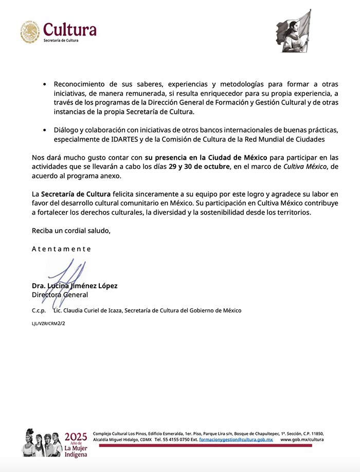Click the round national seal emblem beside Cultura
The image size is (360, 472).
tap(30, 32)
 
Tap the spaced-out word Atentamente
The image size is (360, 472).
tap(61, 249)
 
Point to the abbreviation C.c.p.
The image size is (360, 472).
tap(39, 310)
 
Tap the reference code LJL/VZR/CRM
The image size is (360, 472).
tap(43, 324)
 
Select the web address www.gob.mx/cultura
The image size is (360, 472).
tap(302, 440)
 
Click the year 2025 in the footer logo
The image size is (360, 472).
tap(76, 436)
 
